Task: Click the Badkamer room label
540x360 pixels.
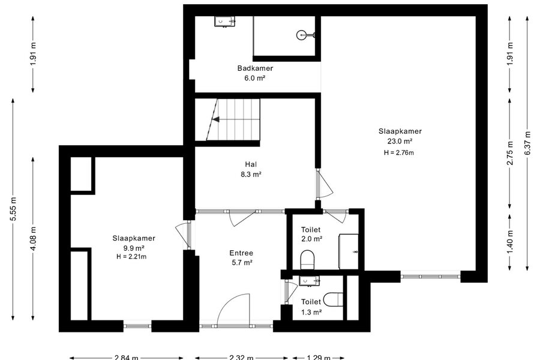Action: (x=255, y=68)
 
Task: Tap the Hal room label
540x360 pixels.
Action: (x=251, y=164)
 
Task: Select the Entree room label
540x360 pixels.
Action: (x=241, y=253)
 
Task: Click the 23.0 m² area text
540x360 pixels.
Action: (x=400, y=141)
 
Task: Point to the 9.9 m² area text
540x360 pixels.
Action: (x=133, y=248)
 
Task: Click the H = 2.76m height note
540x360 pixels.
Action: (x=399, y=152)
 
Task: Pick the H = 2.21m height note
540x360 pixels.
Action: (x=131, y=257)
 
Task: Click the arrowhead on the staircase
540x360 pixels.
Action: (x=216, y=119)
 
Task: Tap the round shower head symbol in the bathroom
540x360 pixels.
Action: (x=302, y=34)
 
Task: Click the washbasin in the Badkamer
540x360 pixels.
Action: (x=225, y=22)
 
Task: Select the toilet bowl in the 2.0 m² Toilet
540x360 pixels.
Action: (x=308, y=260)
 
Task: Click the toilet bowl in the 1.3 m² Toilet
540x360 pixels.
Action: (x=334, y=299)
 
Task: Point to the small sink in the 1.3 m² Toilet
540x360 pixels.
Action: (x=309, y=281)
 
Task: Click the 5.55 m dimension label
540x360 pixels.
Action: (x=13, y=209)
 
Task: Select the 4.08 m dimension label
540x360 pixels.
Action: (x=33, y=239)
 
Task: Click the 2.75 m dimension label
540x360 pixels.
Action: (x=510, y=153)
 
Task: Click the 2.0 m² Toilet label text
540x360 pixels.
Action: (x=311, y=234)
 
